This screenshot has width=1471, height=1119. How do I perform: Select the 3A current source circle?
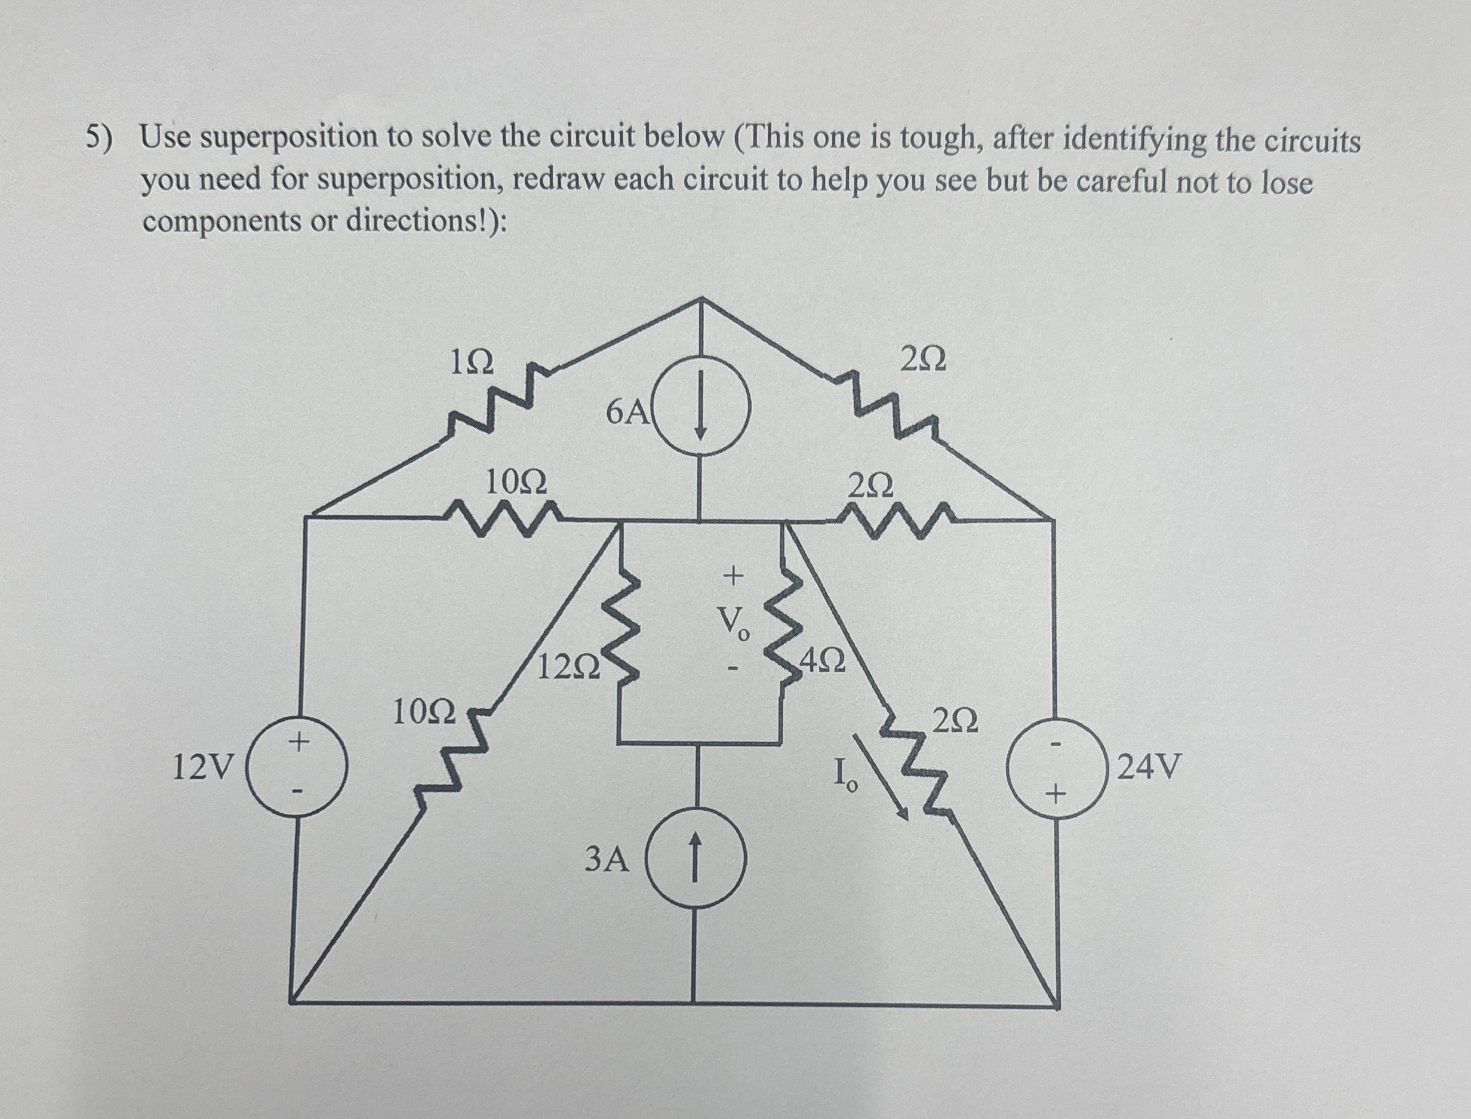(x=696, y=859)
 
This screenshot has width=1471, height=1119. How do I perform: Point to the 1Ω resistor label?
(x=472, y=363)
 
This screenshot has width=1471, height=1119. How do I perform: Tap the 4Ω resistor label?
(x=824, y=662)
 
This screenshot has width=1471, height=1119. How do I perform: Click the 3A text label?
(x=606, y=860)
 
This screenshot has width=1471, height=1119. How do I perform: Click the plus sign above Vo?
(x=733, y=575)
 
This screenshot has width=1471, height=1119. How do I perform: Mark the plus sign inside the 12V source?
(x=299, y=740)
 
